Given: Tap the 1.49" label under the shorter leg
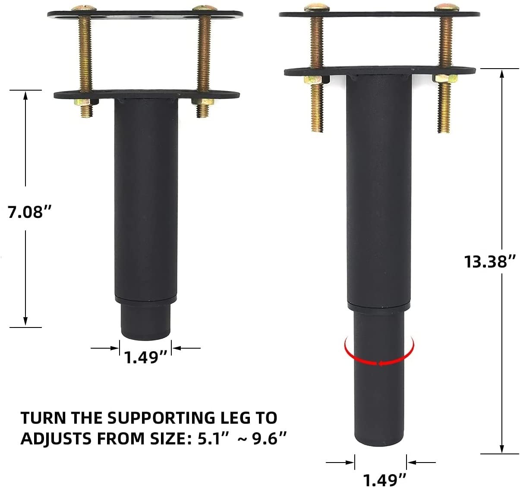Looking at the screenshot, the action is click(x=145, y=357).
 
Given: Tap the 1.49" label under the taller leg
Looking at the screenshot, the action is click(x=385, y=480).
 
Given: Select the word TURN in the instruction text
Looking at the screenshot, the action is click(x=44, y=418).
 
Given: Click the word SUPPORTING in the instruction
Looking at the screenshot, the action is click(x=162, y=418).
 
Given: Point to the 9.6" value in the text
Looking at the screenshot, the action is click(x=269, y=438).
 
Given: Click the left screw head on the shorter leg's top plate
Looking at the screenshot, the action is click(x=84, y=8).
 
